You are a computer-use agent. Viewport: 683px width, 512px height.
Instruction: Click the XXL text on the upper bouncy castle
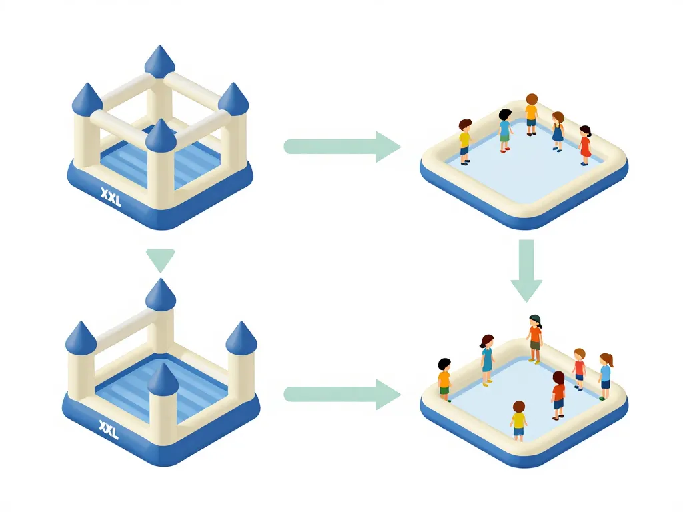(110, 197)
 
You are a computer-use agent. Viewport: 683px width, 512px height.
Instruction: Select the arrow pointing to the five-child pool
(342, 146)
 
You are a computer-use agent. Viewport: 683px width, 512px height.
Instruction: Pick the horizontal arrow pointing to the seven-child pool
(342, 394)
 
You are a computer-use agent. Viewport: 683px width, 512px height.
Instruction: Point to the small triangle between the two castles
(160, 259)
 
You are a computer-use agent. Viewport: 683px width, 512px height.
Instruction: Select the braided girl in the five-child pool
(558, 131)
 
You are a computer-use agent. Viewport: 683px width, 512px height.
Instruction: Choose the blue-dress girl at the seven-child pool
(487, 353)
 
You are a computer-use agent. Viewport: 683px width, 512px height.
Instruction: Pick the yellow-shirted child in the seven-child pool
(518, 421)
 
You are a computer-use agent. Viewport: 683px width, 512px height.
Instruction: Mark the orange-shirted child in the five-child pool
(531, 114)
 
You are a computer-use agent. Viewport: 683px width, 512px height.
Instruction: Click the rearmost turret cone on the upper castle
(160, 62)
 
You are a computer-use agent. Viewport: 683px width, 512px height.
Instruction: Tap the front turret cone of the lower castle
(163, 379)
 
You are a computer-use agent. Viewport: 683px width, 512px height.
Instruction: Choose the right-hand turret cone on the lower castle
(241, 337)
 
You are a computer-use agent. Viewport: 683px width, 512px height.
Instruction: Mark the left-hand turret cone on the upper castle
(87, 99)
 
